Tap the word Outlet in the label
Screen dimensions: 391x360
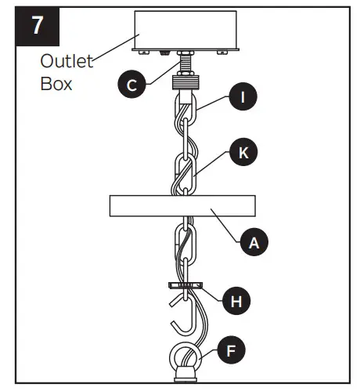coord(67,61)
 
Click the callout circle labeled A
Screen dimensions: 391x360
coord(253,242)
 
